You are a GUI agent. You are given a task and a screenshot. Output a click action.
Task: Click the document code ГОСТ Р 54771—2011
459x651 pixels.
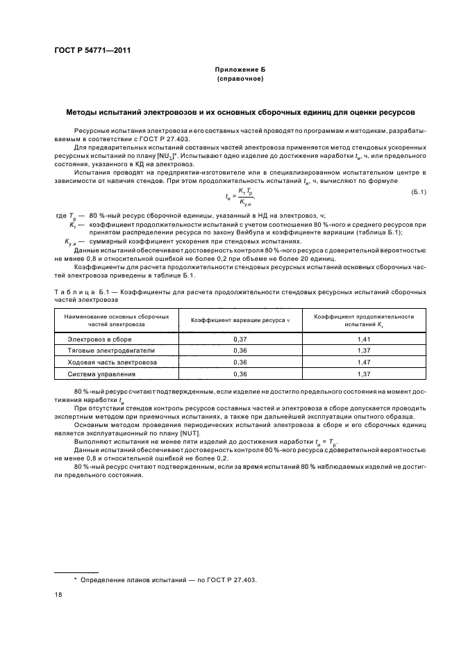[x=92, y=51]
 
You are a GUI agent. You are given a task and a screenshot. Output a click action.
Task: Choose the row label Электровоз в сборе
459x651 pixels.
[x=99, y=339]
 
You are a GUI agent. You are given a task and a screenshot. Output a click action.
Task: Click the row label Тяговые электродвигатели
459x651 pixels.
[x=106, y=351]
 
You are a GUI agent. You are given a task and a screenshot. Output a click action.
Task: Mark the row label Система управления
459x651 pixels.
[x=101, y=374]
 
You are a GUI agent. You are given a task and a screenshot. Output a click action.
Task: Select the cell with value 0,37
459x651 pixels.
[x=240, y=339]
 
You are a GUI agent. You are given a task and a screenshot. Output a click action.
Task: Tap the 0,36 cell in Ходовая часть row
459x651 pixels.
[x=240, y=362]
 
